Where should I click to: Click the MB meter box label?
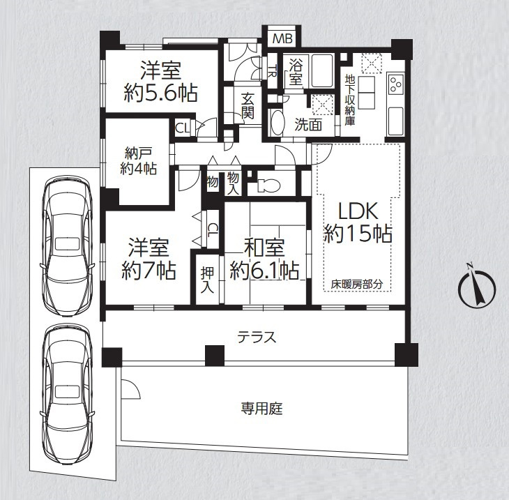pyautogui.click(x=282, y=38)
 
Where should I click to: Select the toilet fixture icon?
pyautogui.click(x=268, y=186)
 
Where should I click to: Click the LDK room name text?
pyautogui.click(x=358, y=211)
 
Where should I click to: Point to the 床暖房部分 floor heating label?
pyautogui.click(x=357, y=285)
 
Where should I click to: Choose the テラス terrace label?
pyautogui.click(x=257, y=338)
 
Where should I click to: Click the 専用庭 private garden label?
pyautogui.click(x=261, y=409)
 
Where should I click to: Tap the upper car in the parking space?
pyautogui.click(x=67, y=245)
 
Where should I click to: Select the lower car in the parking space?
pyautogui.click(x=67, y=393)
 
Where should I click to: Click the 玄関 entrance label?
pyautogui.click(x=248, y=105)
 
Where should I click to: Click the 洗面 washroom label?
pyautogui.click(x=308, y=125)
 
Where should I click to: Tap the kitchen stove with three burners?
pyautogui.click(x=395, y=84)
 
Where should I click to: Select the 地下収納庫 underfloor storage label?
pyautogui.click(x=350, y=100)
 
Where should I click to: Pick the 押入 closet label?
pyautogui.click(x=207, y=280)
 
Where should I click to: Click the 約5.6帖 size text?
pyautogui.click(x=160, y=93)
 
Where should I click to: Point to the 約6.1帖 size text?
pyautogui.click(x=264, y=270)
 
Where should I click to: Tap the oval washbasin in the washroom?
pyautogui.click(x=278, y=123)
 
